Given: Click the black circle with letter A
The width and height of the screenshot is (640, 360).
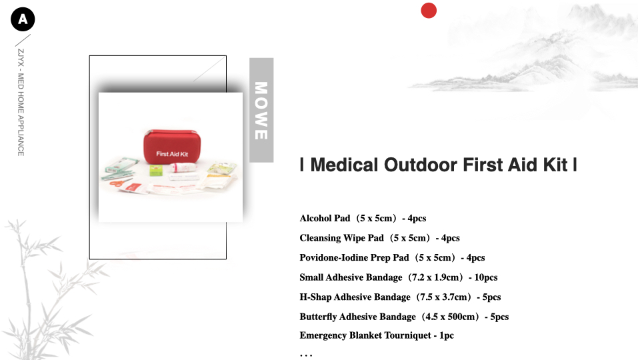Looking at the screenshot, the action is tap(23, 19).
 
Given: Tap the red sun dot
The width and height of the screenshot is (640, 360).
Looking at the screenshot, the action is tap(429, 11).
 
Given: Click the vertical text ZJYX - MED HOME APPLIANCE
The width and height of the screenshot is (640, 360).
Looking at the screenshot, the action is tap(21, 103).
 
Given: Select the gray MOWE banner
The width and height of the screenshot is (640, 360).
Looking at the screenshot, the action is tap(261, 110).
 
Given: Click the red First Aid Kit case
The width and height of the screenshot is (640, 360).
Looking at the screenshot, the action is tap(172, 147).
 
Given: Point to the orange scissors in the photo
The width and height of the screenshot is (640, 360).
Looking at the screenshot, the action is tap(119, 183).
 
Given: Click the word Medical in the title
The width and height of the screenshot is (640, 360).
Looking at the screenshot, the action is tap(344, 165).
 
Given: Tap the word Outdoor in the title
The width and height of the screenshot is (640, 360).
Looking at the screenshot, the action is tap(421, 165).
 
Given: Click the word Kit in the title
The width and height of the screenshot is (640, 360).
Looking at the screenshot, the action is tap(555, 165).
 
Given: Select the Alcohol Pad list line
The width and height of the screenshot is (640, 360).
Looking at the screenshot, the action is tap(363, 219).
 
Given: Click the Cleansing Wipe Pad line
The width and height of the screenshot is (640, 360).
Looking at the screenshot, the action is tap(379, 238).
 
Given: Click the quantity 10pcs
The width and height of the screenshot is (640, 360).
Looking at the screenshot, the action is tap(486, 277).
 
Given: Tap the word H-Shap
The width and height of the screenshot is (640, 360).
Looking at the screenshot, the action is tap(315, 297).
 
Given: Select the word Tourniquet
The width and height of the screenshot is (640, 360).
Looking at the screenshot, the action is tap(407, 335).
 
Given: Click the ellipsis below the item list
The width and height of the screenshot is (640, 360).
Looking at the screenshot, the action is tap(306, 355).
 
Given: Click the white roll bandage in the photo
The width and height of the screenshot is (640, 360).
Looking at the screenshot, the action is tap(183, 167).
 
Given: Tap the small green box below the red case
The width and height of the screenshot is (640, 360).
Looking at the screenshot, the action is tap(156, 171).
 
